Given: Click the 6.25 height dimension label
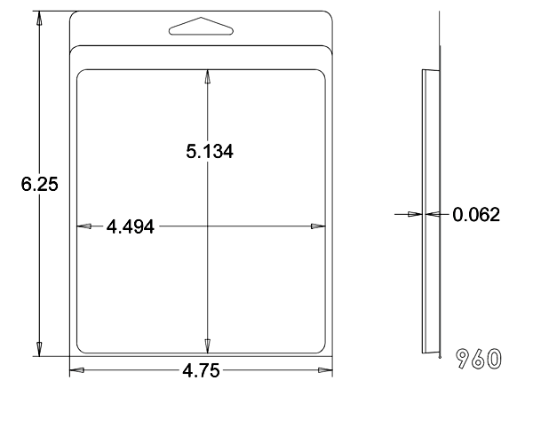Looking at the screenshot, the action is [39, 184].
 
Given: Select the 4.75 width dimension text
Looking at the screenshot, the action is [201, 370].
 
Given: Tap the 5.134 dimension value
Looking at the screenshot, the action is [210, 152].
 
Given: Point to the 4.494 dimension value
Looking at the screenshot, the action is [131, 226].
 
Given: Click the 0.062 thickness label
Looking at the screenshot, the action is [476, 215].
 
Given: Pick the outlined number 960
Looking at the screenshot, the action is [479, 359].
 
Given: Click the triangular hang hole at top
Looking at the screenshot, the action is [201, 26].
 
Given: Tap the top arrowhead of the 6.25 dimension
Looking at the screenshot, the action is [39, 18].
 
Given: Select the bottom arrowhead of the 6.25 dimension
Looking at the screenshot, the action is [39, 350].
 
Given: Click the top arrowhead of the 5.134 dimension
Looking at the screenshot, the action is [207, 76].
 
